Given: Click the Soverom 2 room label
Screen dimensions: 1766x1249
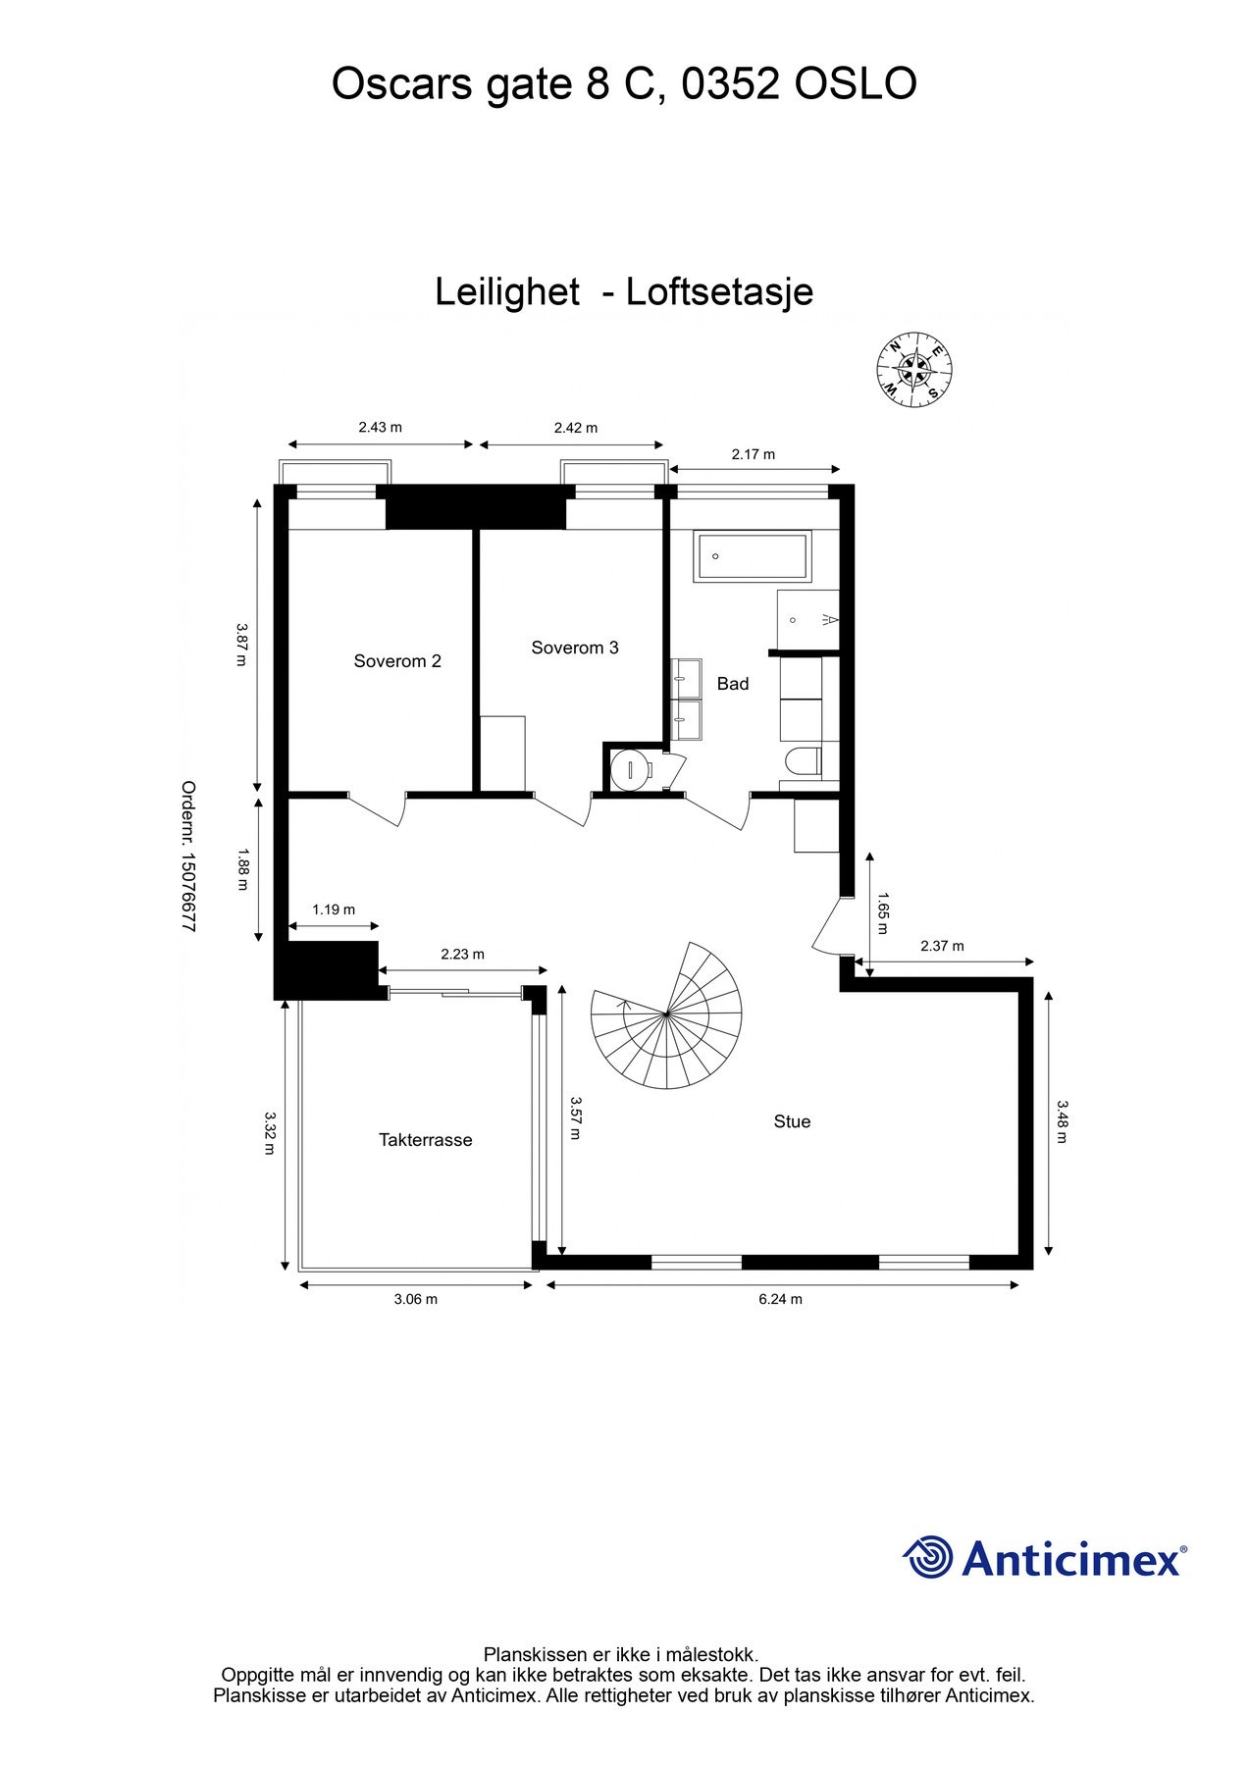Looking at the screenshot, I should [x=397, y=661].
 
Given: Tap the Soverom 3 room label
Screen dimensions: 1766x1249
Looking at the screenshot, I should [x=575, y=648].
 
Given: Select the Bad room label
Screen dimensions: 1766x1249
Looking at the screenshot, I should [x=733, y=684].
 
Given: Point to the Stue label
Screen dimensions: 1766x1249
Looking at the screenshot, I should [x=792, y=1121].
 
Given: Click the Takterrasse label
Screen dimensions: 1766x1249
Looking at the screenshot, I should [x=426, y=1140].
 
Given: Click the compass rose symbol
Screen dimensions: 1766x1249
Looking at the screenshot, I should [x=913, y=369].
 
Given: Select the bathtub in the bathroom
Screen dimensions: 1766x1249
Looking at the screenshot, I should [x=752, y=556].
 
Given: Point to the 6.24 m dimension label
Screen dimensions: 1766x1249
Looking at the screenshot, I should [x=781, y=1299].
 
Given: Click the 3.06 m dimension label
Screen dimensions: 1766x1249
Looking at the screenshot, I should [x=416, y=1299].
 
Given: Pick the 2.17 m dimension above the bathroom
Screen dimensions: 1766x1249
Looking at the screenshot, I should [x=754, y=454].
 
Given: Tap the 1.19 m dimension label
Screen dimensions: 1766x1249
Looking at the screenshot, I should [x=334, y=909].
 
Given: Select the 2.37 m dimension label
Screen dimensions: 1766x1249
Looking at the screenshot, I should [x=942, y=946].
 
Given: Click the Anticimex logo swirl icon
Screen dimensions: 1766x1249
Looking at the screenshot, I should [x=928, y=1558].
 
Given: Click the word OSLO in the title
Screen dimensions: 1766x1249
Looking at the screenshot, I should [x=856, y=84].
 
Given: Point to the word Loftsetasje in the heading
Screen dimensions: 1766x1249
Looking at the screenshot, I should [x=719, y=292].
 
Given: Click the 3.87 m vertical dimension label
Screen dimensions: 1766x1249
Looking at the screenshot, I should [x=241, y=645].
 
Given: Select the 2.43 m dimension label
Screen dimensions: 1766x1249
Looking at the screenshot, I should [x=380, y=427].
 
